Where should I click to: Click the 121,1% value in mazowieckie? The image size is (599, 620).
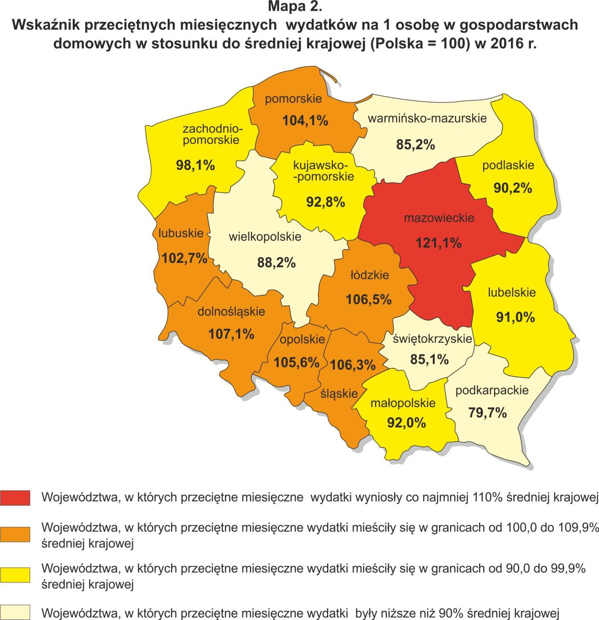[x=438, y=243]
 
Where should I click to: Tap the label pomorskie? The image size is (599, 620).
[x=293, y=99]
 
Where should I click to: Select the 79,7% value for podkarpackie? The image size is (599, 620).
[x=487, y=413]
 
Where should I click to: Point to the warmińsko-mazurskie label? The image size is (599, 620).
[x=427, y=118]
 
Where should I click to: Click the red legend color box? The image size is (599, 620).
[x=15, y=498]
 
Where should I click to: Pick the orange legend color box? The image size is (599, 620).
[x=15, y=534]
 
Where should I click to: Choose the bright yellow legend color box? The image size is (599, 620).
[x=15, y=574]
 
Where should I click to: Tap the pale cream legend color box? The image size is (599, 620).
[x=15, y=612]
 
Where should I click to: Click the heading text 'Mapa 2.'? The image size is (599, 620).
[x=295, y=7]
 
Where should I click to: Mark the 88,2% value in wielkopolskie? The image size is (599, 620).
[x=276, y=262]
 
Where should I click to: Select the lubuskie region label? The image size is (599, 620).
[x=181, y=233]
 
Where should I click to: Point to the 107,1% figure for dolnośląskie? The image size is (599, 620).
[x=231, y=334]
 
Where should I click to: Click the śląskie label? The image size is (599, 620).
[x=339, y=393]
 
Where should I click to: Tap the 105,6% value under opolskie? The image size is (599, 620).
[x=296, y=362]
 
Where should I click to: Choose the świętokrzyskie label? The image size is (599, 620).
[x=427, y=339]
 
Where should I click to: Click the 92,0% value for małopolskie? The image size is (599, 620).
[x=407, y=422]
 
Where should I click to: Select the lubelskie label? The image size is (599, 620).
[x=512, y=293]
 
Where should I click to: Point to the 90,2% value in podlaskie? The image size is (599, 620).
[x=513, y=188]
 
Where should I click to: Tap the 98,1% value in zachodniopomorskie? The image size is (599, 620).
[x=195, y=165]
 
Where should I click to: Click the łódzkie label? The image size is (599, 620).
[x=370, y=275]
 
